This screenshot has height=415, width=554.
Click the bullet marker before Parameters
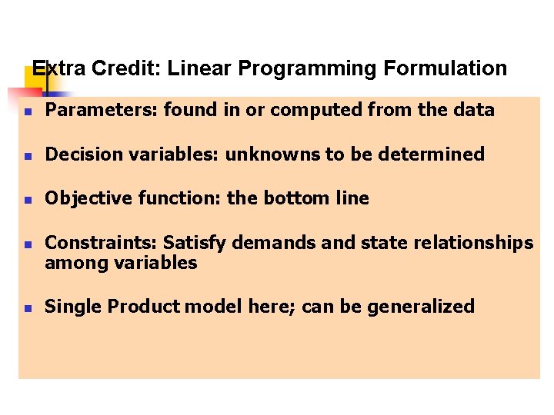(x=26, y=111)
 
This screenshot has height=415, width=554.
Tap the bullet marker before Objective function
(x=26, y=200)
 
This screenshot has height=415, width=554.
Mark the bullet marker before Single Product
(x=26, y=308)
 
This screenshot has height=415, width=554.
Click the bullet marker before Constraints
(x=26, y=245)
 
